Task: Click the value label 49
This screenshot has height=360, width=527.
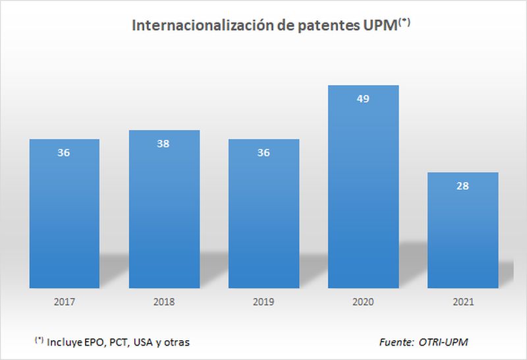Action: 363,99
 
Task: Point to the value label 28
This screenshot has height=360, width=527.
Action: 462,186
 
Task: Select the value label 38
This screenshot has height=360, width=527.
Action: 164,144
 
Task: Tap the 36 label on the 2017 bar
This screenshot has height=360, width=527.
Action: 65,152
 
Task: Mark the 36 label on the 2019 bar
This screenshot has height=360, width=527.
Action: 263,152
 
